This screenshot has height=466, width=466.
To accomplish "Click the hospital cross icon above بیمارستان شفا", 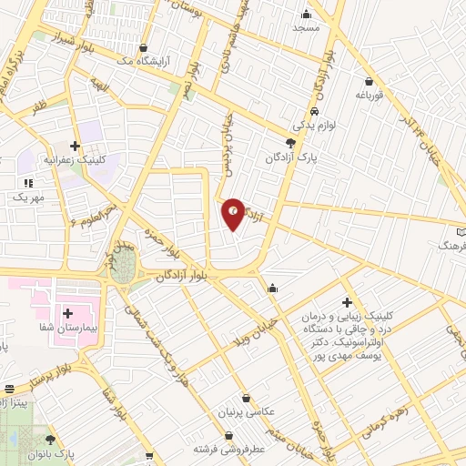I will [x=68, y=313].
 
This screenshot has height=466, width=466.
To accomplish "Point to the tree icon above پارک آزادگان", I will [x=290, y=143].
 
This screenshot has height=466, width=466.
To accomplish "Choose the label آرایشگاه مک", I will [x=145, y=61].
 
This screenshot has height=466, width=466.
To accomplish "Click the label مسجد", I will [x=306, y=27].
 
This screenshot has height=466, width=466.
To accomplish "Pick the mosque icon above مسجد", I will [x=306, y=13].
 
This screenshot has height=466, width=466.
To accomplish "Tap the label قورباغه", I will [x=371, y=94].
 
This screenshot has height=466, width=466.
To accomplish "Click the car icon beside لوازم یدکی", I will [x=315, y=111].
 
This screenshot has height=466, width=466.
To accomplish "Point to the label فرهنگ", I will [x=451, y=246].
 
